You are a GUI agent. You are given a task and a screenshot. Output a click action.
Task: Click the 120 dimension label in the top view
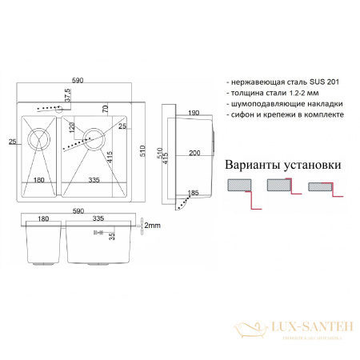[x=71, y=127]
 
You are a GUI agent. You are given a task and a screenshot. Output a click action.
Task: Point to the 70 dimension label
[x=105, y=110]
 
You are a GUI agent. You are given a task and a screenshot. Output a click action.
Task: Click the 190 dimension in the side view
[x=194, y=114]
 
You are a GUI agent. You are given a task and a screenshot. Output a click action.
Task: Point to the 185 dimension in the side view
[x=192, y=193]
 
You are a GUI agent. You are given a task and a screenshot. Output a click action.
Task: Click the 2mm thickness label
[x=153, y=226]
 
